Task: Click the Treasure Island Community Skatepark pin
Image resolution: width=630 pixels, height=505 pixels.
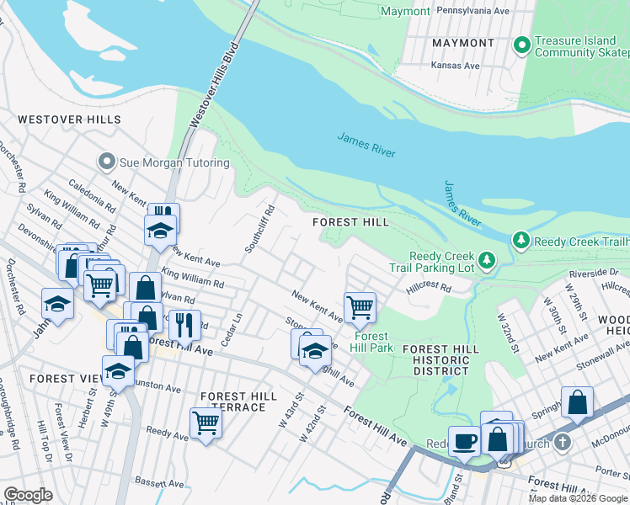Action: pyautogui.click(x=522, y=44)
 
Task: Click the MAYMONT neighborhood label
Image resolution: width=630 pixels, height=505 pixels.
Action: pyautogui.click(x=462, y=42)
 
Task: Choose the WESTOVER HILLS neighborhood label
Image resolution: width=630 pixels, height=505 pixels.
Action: pyautogui.click(x=63, y=120)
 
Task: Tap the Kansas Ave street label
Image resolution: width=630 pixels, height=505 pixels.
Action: pyautogui.click(x=455, y=65)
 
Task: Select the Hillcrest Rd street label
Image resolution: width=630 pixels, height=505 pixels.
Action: pyautogui.click(x=428, y=287)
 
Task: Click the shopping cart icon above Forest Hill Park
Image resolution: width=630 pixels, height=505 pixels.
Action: pyautogui.click(x=360, y=306)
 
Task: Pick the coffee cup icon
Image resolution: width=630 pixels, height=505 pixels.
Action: pyautogui.click(x=463, y=440)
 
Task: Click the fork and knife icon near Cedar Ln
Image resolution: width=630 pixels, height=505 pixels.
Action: pyautogui.click(x=184, y=323)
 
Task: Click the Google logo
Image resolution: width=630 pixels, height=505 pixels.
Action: pyautogui.click(x=28, y=495)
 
